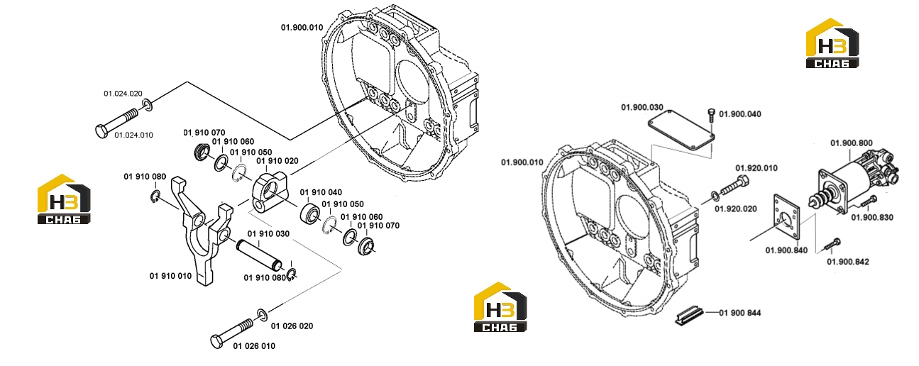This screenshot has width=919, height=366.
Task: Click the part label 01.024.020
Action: point(123,94)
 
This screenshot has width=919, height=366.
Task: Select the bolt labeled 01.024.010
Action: point(117,122)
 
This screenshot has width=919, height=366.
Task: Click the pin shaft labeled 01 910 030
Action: point(259,255)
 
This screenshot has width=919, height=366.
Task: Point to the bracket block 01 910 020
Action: point(270,192)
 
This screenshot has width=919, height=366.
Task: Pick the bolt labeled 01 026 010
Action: point(233,333)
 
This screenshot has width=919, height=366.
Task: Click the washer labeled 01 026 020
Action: point(263,315)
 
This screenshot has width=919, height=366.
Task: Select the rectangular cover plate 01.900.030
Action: point(681,131)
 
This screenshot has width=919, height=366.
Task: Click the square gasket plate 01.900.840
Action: point(786,217)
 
